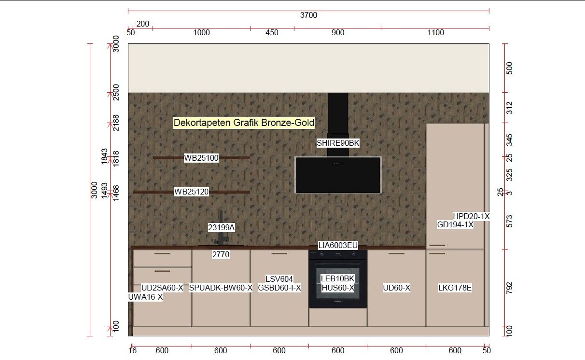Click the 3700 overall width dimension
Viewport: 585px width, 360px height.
308,15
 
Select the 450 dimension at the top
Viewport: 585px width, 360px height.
272,33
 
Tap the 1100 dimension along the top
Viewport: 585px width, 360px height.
436,33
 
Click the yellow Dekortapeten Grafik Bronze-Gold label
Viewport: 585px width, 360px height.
244,123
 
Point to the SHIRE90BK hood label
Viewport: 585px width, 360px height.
338,143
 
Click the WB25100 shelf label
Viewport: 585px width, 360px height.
201,158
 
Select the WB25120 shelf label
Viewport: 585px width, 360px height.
192,192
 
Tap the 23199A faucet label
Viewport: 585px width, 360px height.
221,227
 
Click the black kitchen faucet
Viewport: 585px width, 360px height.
221,228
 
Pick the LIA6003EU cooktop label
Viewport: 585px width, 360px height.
338,246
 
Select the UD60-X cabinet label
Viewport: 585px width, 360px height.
396,288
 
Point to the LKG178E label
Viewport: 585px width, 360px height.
455,288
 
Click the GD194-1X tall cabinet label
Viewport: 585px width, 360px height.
455,224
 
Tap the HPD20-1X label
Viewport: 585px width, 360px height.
471,216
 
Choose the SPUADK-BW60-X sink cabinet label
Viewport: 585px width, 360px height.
221,288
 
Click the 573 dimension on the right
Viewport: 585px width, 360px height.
510,222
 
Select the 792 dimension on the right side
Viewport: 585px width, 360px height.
510,288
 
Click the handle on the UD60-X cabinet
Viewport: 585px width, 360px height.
396,253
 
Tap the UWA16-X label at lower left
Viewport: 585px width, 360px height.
145,297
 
